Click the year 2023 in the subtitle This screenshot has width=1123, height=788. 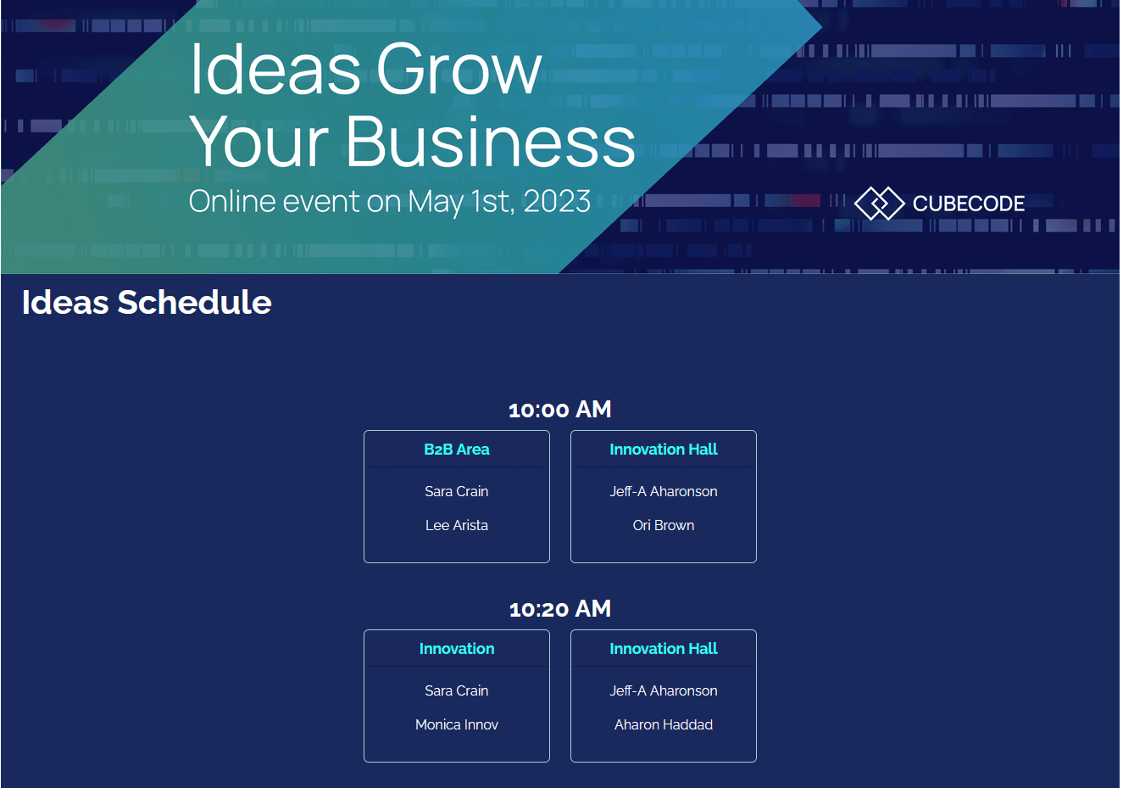[x=557, y=201]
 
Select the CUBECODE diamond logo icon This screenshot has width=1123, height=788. [x=880, y=203]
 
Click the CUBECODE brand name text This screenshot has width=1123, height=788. [x=969, y=204]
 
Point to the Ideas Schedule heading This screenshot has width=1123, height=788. [x=147, y=303]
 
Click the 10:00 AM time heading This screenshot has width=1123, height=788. [x=560, y=410]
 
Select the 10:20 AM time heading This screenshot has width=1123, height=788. [x=560, y=609]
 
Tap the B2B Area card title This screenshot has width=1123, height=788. [x=457, y=450]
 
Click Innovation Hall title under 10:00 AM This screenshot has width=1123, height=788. [x=664, y=450]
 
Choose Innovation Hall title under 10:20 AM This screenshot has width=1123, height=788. [x=664, y=649]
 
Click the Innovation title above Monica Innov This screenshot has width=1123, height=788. [x=457, y=649]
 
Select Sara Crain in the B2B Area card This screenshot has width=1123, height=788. [x=457, y=491]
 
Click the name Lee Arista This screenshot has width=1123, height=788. [x=457, y=525]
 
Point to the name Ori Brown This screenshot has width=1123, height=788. [x=664, y=525]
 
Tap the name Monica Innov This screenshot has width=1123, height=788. [x=457, y=724]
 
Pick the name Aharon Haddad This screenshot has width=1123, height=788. [x=664, y=724]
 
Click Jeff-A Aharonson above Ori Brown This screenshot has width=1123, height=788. [x=664, y=491]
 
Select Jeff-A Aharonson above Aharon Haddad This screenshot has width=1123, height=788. [x=664, y=690]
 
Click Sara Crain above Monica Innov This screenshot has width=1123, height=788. [x=457, y=690]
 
